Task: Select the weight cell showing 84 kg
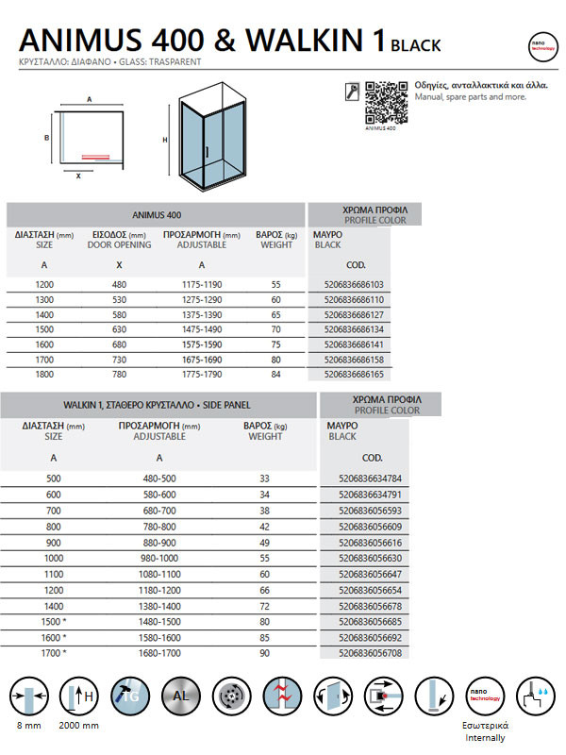click(x=276, y=375)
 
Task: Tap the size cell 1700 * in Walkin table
click(x=54, y=652)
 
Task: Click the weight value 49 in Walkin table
click(x=264, y=544)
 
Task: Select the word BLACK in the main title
click(x=415, y=44)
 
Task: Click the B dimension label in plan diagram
click(x=46, y=137)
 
